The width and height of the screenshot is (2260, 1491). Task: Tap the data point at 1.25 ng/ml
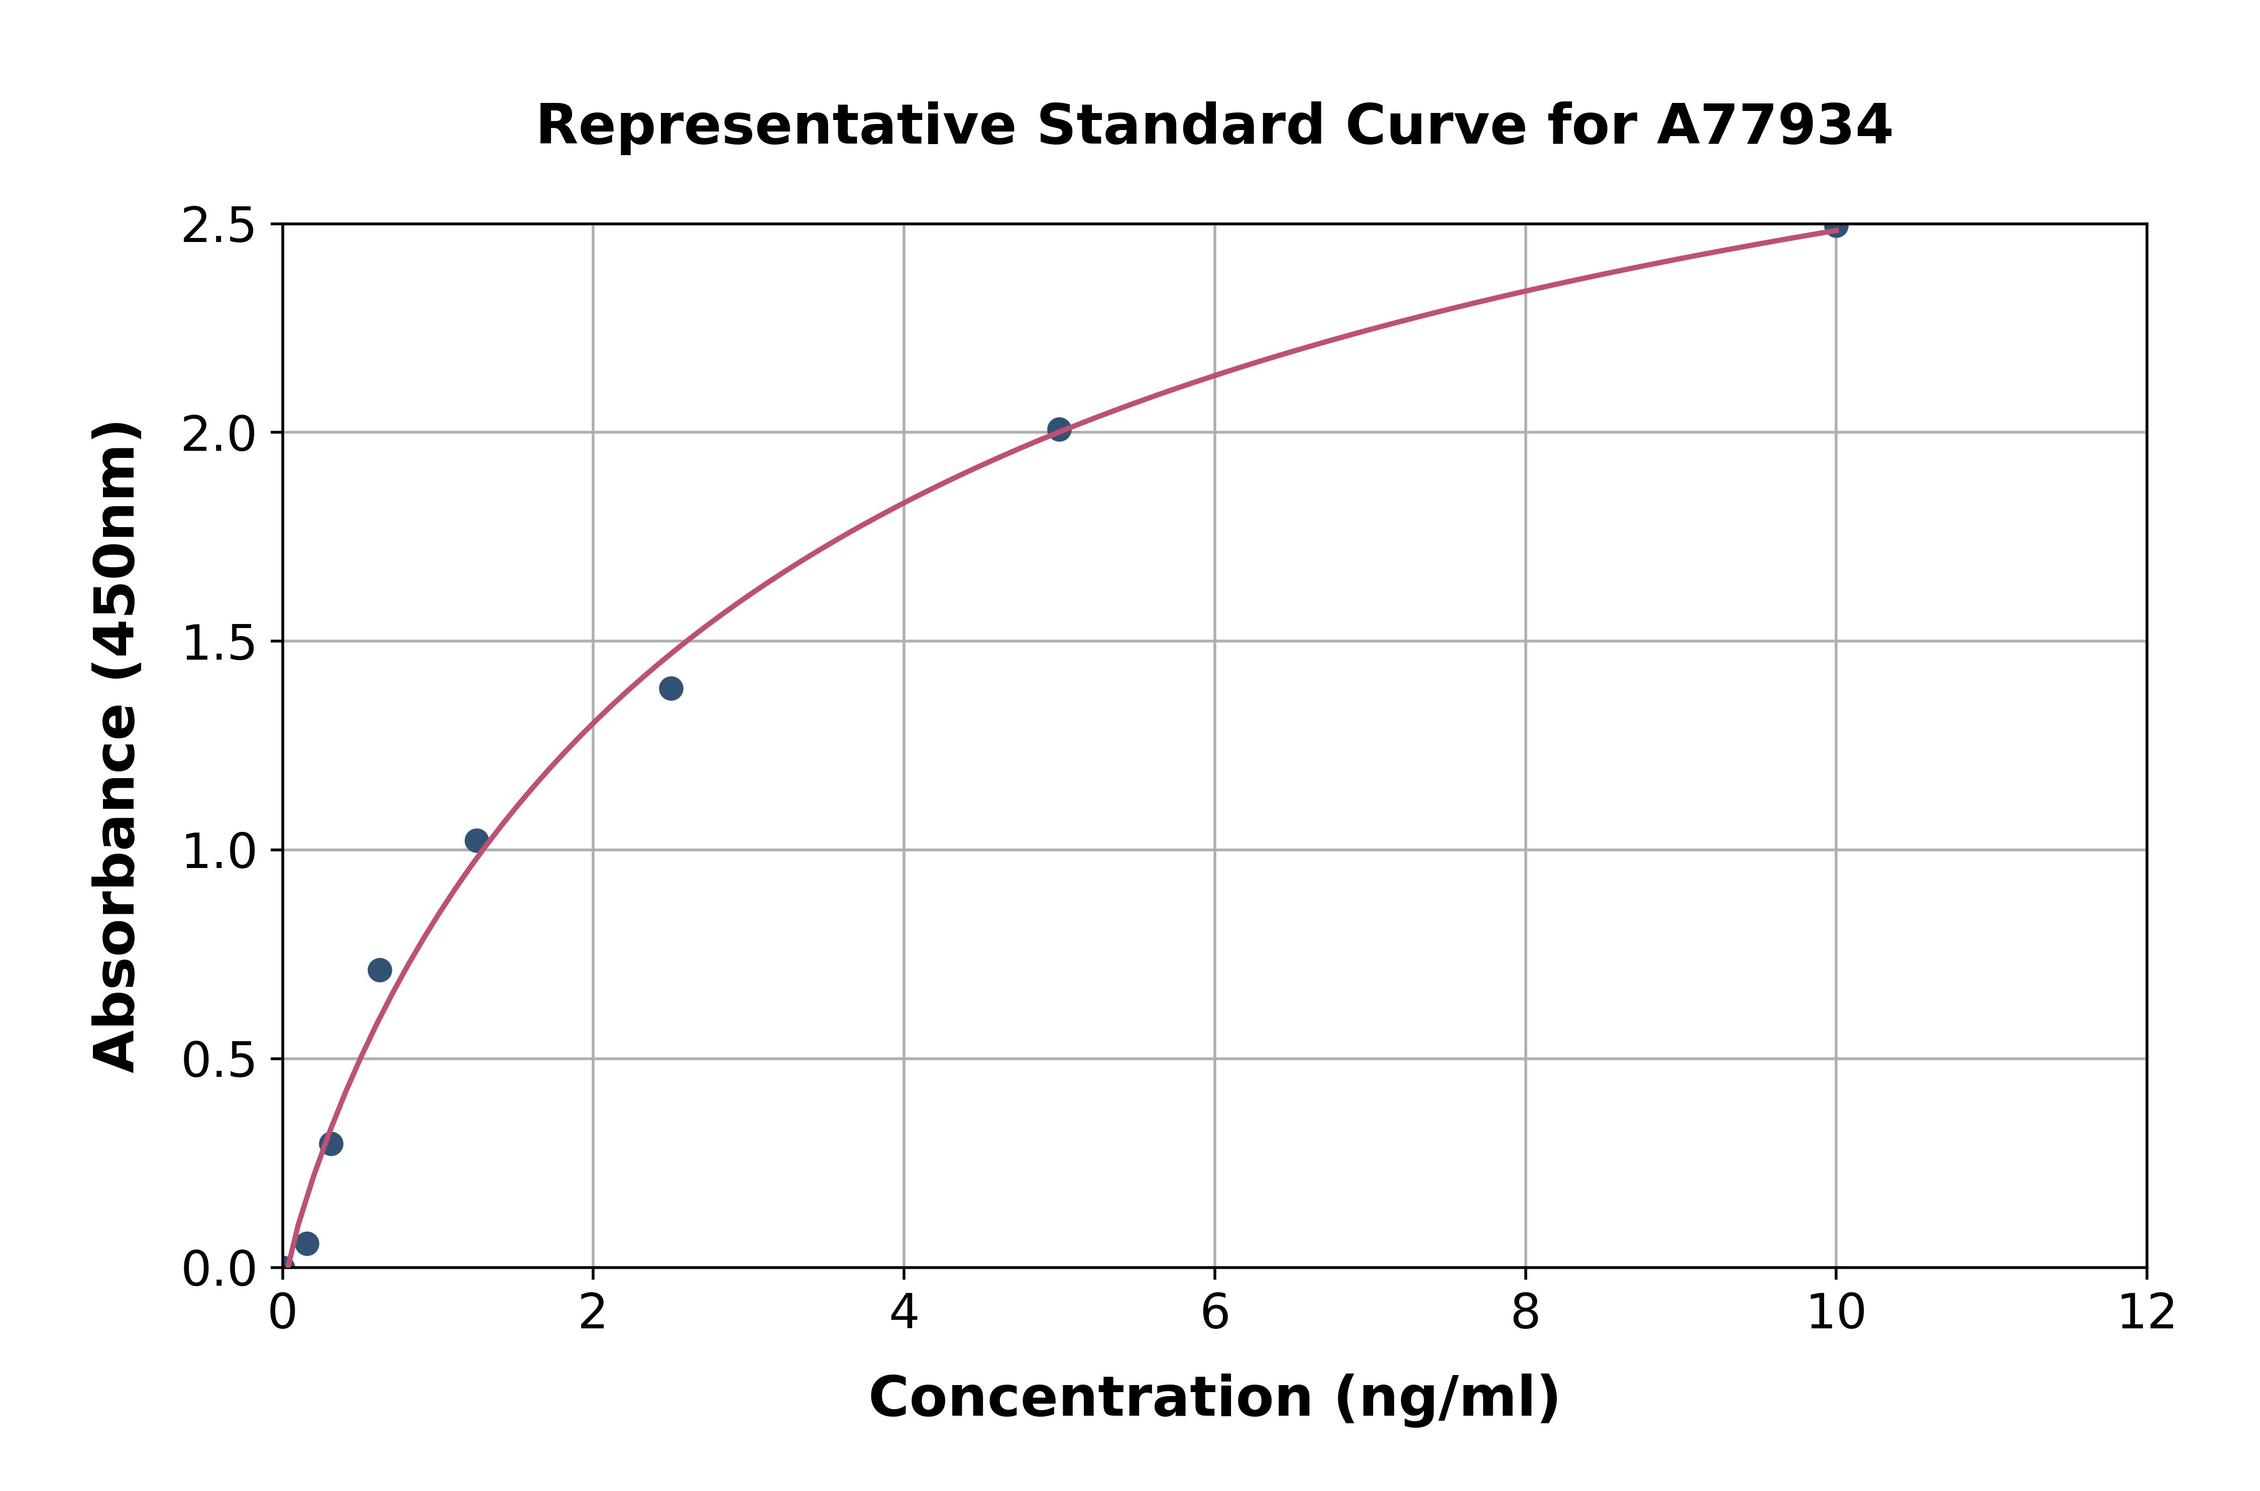(x=477, y=840)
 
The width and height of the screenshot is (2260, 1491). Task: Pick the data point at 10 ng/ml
(x=1836, y=226)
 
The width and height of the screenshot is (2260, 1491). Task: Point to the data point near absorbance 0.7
(x=380, y=970)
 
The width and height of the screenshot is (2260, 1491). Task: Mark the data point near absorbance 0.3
(x=331, y=1144)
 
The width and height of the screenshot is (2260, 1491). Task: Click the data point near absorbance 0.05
(x=306, y=1244)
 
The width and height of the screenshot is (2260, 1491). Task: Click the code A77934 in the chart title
(x=1774, y=126)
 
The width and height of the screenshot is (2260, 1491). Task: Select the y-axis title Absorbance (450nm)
(x=116, y=747)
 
